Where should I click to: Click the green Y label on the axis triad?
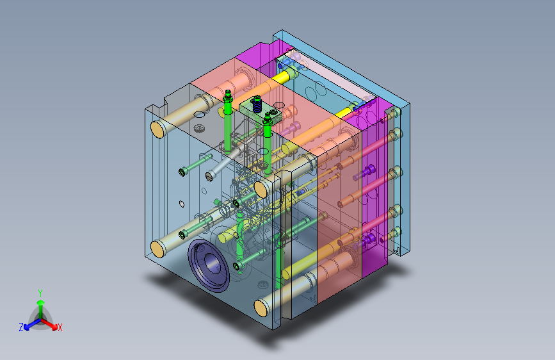(x=40, y=293)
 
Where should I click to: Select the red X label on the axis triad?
(x=60, y=327)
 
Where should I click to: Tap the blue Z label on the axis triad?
(x=21, y=327)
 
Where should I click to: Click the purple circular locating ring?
(x=208, y=265)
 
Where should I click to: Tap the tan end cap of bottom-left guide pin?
(x=158, y=249)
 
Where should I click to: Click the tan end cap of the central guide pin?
(x=261, y=190)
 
